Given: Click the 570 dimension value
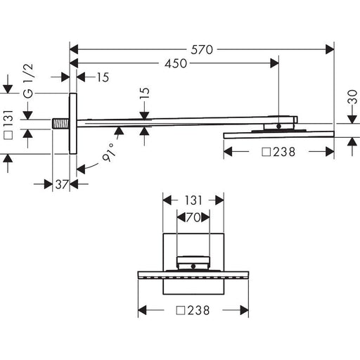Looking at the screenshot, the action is (202, 50).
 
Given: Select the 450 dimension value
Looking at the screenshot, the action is (176, 63).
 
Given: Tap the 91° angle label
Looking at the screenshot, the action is (109, 153).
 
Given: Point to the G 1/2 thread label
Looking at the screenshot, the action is (29, 81).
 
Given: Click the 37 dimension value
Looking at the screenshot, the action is (62, 184).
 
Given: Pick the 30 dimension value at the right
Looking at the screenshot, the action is (352, 96).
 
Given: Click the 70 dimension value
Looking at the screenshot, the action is (193, 217).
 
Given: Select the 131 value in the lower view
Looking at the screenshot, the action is (193, 200).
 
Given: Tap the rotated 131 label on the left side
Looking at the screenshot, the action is (8, 124).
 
